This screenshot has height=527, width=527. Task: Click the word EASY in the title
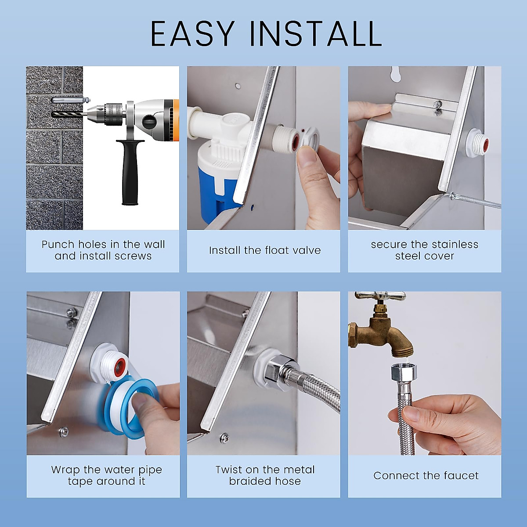(x=192, y=34)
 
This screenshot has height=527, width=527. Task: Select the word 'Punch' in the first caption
(x=58, y=245)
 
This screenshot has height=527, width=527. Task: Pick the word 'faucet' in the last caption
(x=461, y=476)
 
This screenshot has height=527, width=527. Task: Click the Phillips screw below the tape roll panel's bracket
(x=65, y=431)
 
